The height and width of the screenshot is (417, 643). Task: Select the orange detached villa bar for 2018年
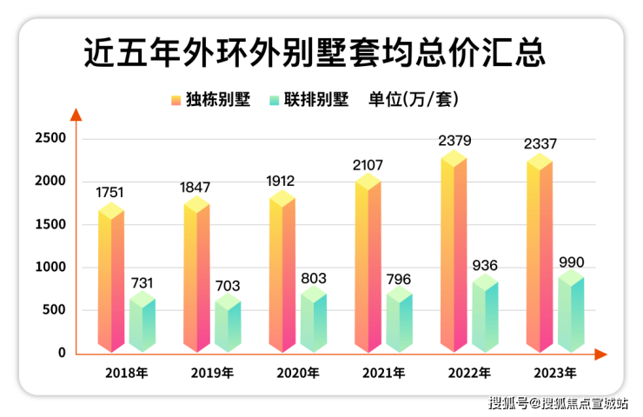click(x=111, y=278)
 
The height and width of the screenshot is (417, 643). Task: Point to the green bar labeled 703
click(x=229, y=323)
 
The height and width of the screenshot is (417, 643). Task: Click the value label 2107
click(x=368, y=165)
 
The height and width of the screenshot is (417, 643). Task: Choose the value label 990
click(x=571, y=261)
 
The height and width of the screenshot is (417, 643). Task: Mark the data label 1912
click(x=282, y=182)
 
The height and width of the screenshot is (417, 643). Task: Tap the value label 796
click(x=399, y=279)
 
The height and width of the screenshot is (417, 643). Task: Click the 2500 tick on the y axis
click(x=50, y=139)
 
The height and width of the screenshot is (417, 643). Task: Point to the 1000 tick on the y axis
click(x=50, y=268)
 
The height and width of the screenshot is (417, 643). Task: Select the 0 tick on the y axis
click(x=62, y=354)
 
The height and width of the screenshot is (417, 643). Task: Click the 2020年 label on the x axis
click(x=297, y=374)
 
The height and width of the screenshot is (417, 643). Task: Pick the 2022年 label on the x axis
click(x=468, y=374)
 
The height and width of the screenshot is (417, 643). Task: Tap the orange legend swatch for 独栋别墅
click(x=176, y=100)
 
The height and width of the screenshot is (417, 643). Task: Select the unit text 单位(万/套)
click(x=414, y=100)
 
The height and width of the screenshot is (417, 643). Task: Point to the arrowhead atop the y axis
click(x=76, y=114)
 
